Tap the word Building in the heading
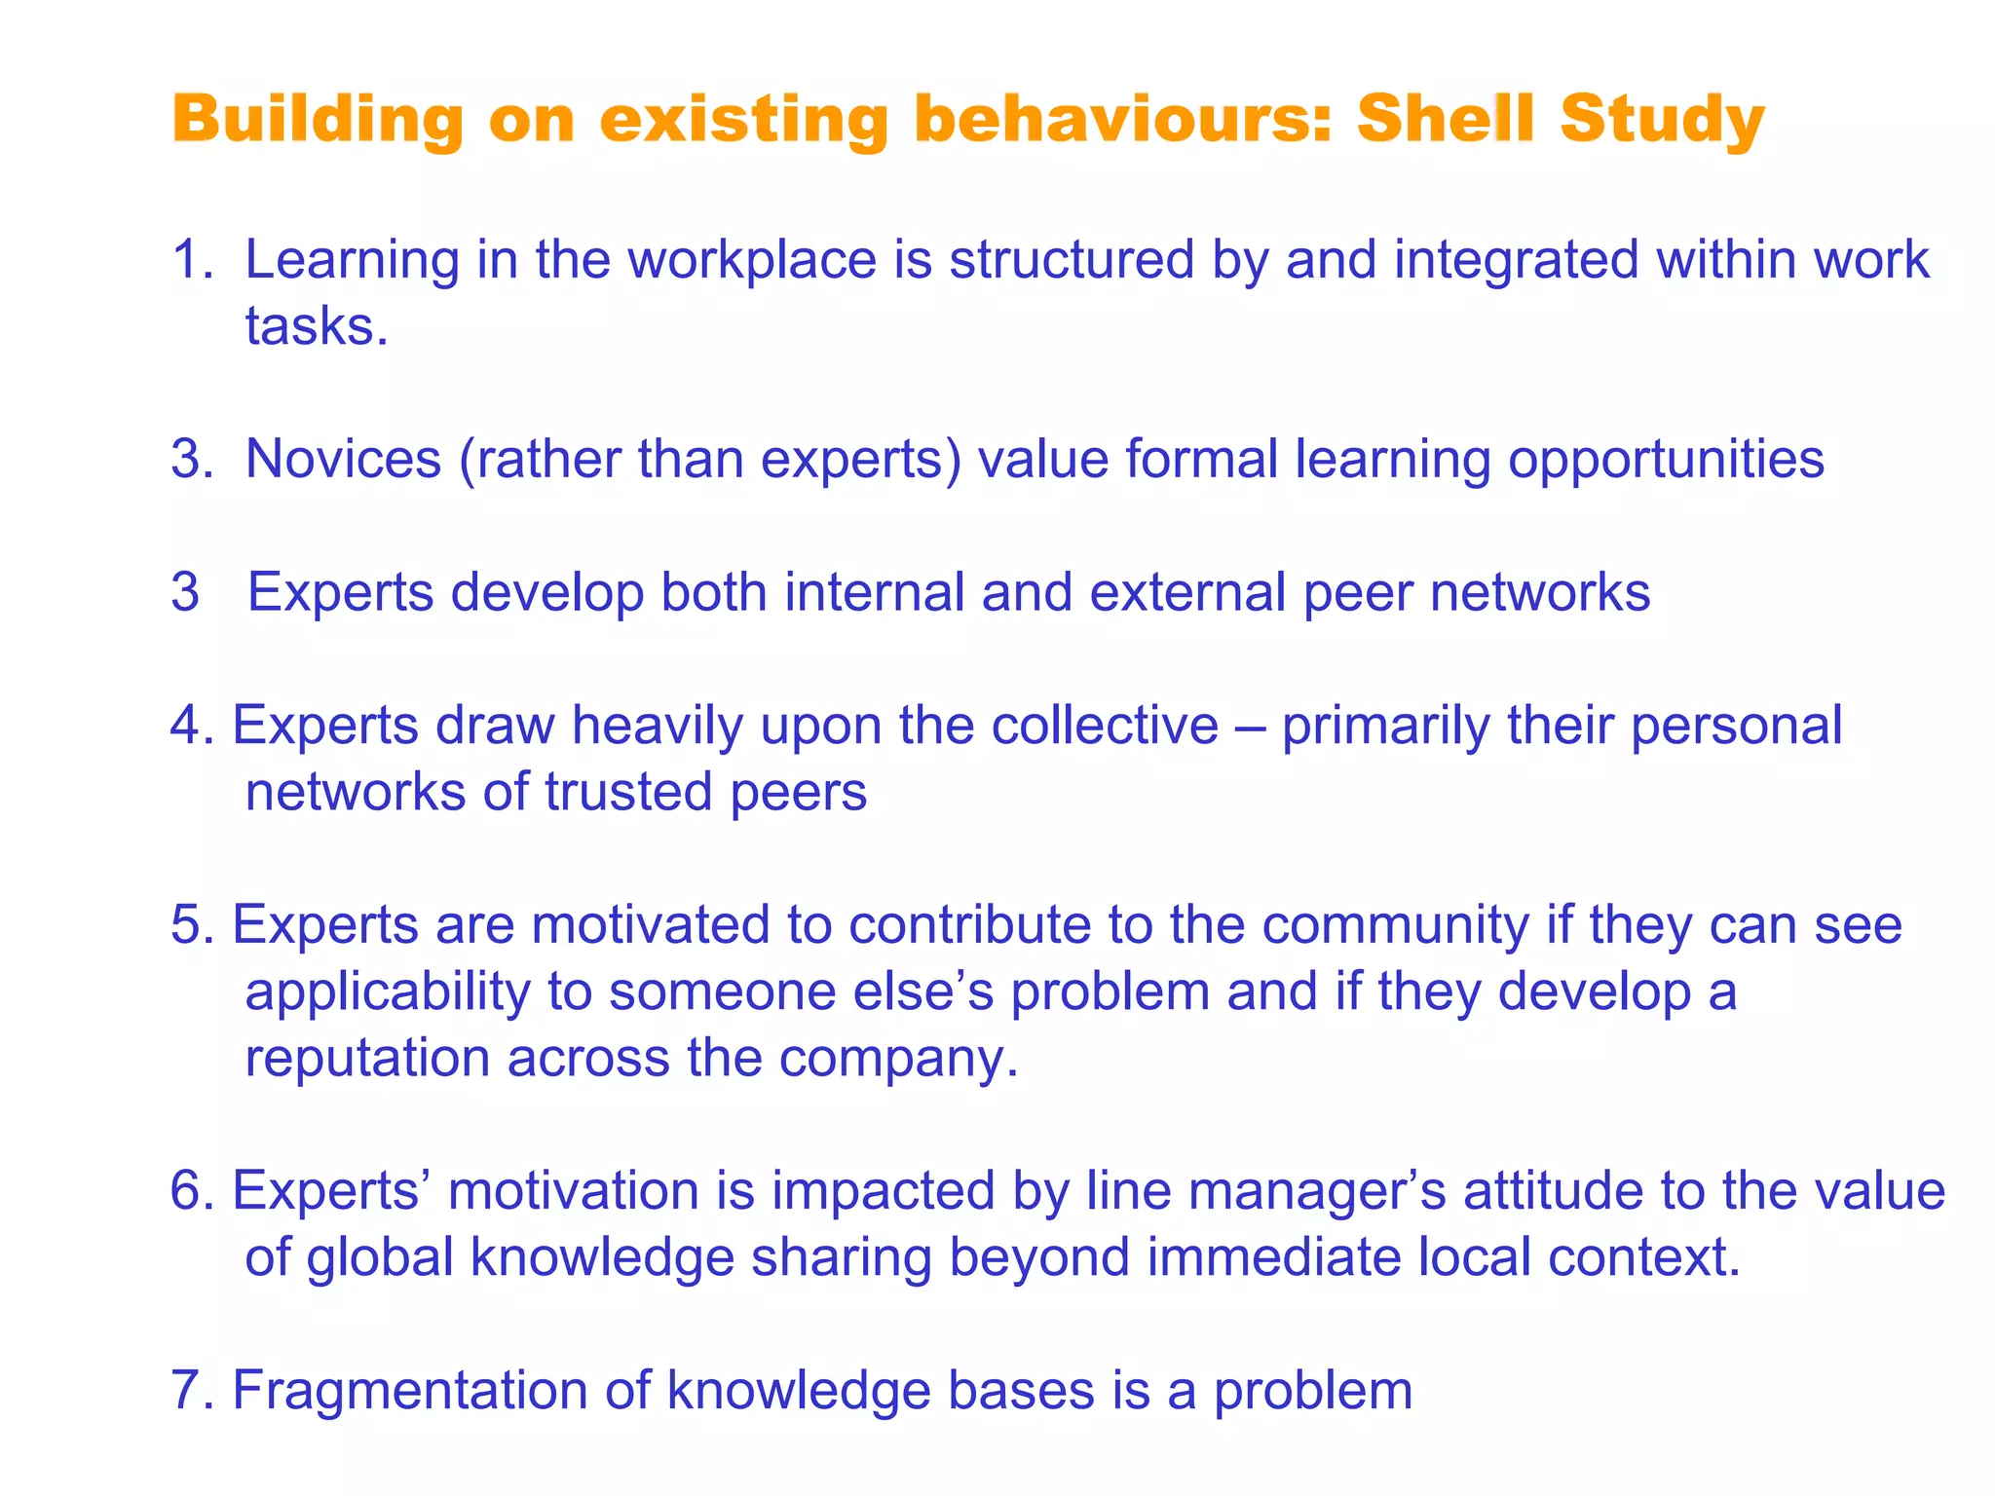point(318,121)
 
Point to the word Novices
point(343,459)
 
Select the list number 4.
point(191,726)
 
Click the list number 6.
point(191,1191)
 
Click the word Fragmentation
point(409,1391)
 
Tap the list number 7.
point(191,1391)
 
